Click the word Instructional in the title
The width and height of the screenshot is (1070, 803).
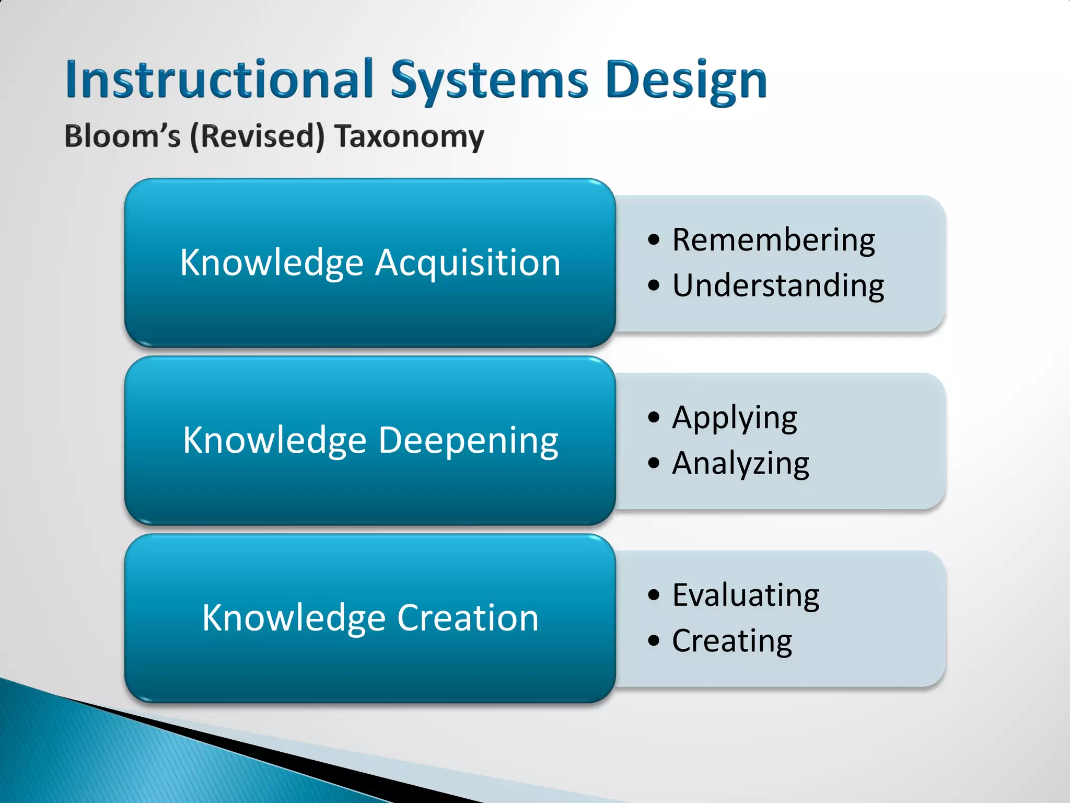[219, 79]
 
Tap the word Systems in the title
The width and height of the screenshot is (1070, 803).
[490, 81]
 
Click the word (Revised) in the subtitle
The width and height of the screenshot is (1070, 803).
[257, 136]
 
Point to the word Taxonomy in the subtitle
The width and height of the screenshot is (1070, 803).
[410, 137]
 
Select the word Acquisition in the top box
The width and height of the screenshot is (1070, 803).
[468, 262]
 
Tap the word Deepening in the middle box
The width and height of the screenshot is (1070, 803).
[468, 441]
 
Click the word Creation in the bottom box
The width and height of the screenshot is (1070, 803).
[468, 618]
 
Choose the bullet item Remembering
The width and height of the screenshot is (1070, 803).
[773, 240]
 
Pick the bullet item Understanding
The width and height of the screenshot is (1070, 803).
[778, 286]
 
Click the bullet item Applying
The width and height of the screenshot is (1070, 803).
[734, 418]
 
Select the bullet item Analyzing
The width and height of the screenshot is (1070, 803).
[740, 464]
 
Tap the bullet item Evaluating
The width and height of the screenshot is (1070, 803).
[746, 595]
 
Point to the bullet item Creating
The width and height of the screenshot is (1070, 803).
[731, 641]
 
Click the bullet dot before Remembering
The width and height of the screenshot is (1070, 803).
[654, 240]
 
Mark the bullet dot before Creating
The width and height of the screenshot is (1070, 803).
[654, 640]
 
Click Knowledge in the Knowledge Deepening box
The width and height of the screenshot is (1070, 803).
[274, 441]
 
